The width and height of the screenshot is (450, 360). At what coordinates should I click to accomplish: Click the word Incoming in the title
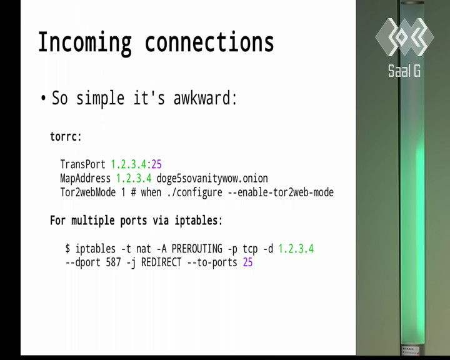tap(85, 43)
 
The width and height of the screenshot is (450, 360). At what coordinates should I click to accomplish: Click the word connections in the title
tap(209, 42)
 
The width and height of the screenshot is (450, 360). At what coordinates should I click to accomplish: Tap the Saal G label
tap(404, 71)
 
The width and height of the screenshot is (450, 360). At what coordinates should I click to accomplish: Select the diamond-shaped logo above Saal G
tap(404, 37)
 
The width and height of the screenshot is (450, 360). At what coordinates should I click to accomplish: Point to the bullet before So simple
tap(43, 99)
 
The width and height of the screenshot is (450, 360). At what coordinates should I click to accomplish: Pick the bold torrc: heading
tap(66, 137)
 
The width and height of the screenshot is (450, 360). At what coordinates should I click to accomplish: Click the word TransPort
tap(83, 164)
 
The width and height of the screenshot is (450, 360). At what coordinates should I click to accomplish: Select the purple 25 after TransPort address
tap(156, 164)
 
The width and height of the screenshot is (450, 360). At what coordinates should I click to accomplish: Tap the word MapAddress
tap(85, 178)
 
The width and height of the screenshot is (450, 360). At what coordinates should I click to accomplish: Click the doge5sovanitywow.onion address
tap(212, 179)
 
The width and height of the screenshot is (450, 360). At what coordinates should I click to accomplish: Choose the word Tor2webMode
tap(88, 192)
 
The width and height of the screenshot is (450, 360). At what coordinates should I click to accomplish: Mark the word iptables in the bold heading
tap(196, 221)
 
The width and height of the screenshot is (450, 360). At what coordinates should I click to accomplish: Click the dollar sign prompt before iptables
tap(67, 248)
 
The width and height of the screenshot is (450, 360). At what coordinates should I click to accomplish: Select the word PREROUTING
tap(197, 249)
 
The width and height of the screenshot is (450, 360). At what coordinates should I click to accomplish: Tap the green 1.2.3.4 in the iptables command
tap(296, 249)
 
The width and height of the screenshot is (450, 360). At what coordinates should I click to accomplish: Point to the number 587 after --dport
tap(113, 262)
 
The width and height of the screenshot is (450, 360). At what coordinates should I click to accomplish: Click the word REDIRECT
tap(161, 262)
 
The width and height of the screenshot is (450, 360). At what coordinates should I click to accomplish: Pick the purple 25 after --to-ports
tap(247, 262)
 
